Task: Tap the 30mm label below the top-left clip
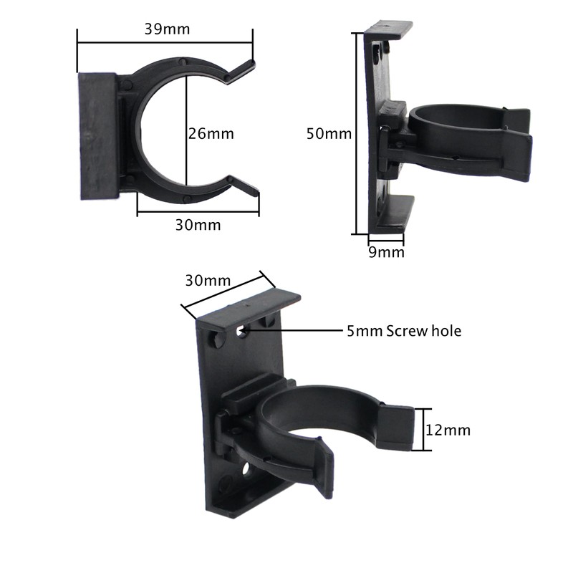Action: click(x=198, y=225)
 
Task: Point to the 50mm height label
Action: click(x=329, y=133)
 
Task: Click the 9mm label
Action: click(x=386, y=252)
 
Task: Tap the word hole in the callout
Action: click(x=444, y=331)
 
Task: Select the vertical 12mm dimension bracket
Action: click(x=427, y=430)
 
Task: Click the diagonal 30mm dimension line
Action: click(x=223, y=293)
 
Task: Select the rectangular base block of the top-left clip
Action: click(x=97, y=135)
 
